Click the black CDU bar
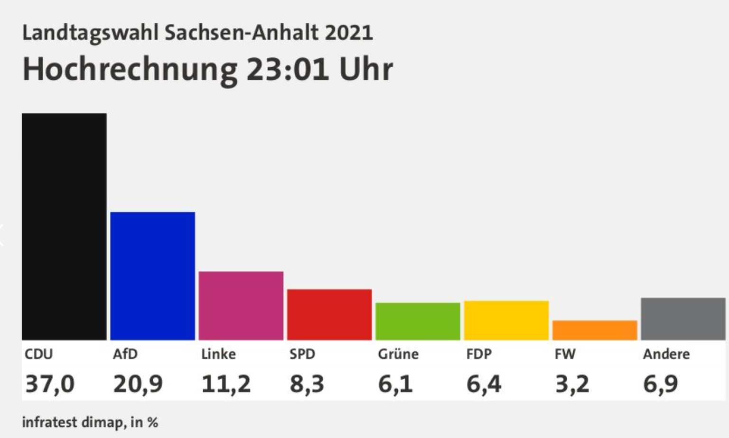click(64, 227)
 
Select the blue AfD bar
click(152, 276)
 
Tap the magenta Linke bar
click(241, 306)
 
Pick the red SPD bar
click(329, 314)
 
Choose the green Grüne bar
click(418, 321)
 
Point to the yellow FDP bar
click(506, 320)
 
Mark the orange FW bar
click(595, 330)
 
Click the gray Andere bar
click(683, 319)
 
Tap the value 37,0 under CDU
click(50, 383)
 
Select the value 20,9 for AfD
click(138, 383)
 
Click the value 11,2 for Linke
click(226, 383)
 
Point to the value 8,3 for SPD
click(307, 383)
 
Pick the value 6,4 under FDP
click(484, 383)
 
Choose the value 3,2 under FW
click(572, 383)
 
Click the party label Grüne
click(398, 354)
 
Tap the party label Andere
click(666, 354)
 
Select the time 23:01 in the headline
click(288, 69)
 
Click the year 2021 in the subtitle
click(349, 33)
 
